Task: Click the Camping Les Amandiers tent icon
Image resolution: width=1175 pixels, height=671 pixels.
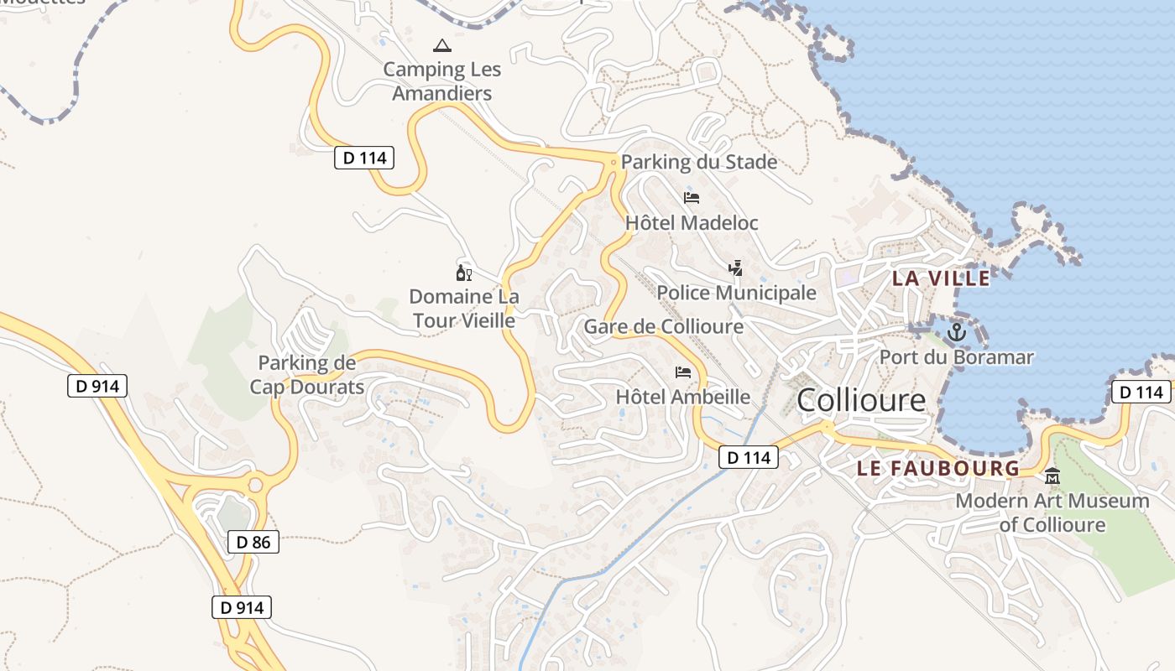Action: coord(441,45)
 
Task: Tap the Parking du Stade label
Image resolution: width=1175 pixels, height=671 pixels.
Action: coord(699,162)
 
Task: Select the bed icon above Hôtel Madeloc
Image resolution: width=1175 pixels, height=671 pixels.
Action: coord(692,198)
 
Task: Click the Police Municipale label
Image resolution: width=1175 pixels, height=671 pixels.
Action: coord(736,293)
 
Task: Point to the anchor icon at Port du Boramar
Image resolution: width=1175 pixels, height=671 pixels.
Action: coord(956,333)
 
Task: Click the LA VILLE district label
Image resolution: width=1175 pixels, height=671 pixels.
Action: coord(941,278)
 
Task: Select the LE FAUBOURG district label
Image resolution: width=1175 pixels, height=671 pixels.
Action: coord(937,469)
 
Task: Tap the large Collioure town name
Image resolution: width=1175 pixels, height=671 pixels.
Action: coord(861,400)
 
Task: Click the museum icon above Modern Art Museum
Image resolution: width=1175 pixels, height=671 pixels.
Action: coord(1052,476)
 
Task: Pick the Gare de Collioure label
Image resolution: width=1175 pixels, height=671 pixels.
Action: coord(664,326)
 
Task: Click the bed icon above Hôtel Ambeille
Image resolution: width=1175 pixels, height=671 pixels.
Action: coord(683,372)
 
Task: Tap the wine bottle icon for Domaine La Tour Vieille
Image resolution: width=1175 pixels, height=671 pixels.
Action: coord(464,273)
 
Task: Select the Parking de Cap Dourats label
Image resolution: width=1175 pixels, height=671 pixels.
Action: coord(307,375)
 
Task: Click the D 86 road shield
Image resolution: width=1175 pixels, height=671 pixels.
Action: coord(253,542)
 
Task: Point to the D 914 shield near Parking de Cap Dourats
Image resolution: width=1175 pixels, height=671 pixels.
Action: coord(97,386)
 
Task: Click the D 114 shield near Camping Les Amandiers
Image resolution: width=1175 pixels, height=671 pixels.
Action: coord(364,158)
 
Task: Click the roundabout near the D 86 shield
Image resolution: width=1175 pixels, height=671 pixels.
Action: coord(255,485)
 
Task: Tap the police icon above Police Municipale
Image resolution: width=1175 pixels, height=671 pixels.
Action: coord(736,268)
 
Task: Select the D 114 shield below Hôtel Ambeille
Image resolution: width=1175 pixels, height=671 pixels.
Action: coord(749,458)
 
